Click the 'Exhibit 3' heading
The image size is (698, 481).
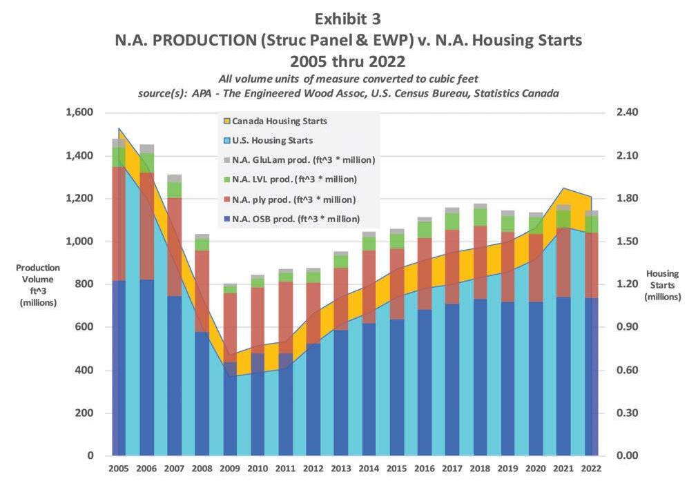click(x=349, y=17)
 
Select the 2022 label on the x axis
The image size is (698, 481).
click(x=592, y=469)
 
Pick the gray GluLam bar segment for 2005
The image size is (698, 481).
click(x=118, y=143)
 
